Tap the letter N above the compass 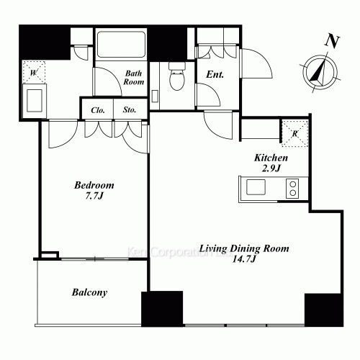(x=332, y=41)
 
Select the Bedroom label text (x=94, y=185)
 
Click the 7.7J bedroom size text (x=94, y=196)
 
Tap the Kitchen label (x=271, y=158)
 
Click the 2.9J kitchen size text (x=271, y=168)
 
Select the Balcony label (x=90, y=292)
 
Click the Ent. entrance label (x=215, y=75)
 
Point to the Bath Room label (x=135, y=77)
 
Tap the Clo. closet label (x=98, y=110)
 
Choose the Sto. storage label (x=130, y=110)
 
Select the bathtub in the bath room (x=121, y=46)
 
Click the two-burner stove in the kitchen (x=292, y=189)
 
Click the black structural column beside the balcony (x=161, y=309)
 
